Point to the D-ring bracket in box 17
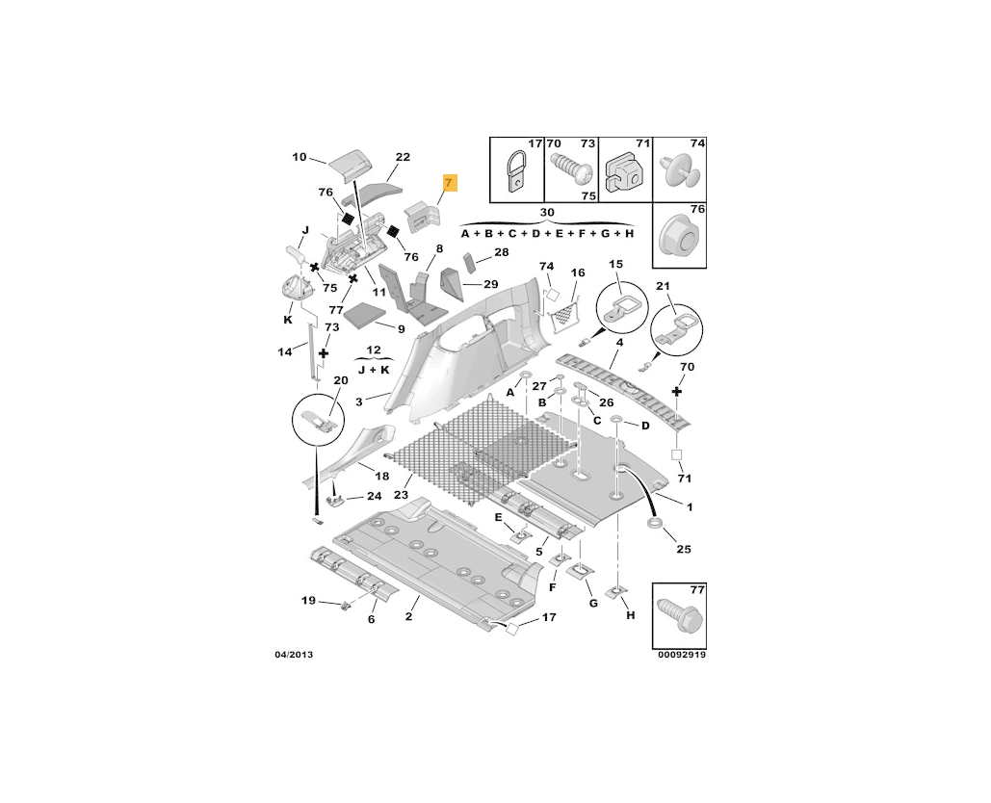pyautogui.click(x=518, y=174)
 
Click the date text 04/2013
pyautogui.click(x=293, y=655)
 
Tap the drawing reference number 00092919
pyautogui.click(x=683, y=655)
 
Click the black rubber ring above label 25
pyautogui.click(x=655, y=523)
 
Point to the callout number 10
pyautogui.click(x=299, y=157)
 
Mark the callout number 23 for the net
pyautogui.click(x=402, y=496)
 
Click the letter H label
pyautogui.click(x=630, y=615)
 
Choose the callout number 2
pyautogui.click(x=409, y=616)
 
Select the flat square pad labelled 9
pyautogui.click(x=367, y=314)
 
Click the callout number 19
pyautogui.click(x=308, y=601)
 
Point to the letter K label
pyautogui.click(x=287, y=319)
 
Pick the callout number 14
pyautogui.click(x=285, y=352)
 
